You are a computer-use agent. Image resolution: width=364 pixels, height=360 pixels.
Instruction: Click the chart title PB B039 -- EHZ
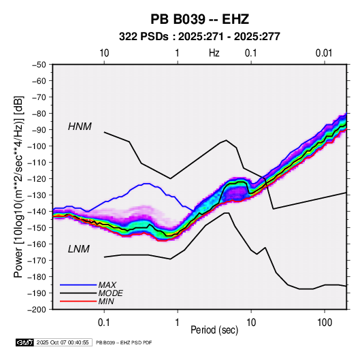(199, 19)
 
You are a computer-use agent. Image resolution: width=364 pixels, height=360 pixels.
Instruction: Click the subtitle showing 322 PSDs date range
(199, 37)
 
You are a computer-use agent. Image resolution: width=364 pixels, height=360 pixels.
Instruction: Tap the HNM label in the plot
(80, 127)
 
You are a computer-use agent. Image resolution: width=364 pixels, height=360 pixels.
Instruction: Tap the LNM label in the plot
(79, 249)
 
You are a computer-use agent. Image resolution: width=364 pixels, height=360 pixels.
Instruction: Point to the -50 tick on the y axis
(39, 65)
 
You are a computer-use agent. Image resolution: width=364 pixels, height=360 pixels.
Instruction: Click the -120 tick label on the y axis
(37, 179)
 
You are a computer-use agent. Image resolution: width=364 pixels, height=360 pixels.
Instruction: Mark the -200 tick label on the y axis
(37, 310)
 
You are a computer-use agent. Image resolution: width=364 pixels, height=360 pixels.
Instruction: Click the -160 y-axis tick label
(37, 244)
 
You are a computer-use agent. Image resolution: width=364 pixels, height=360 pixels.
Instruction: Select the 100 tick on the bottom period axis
(325, 323)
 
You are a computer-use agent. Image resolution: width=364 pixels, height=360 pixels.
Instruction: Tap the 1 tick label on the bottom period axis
(178, 323)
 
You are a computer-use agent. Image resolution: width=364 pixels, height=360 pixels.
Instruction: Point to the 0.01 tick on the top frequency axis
(324, 53)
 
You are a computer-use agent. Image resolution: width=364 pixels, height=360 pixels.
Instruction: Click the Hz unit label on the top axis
(214, 53)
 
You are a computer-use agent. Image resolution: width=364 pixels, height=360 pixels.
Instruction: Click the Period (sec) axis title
(214, 330)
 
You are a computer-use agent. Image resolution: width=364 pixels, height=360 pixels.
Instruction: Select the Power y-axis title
(18, 186)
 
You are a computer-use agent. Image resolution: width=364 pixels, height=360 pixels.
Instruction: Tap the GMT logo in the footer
(24, 342)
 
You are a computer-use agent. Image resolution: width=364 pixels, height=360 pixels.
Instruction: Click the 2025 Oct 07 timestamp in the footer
(63, 342)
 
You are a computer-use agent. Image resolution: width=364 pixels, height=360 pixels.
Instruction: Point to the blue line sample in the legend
(78, 284)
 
